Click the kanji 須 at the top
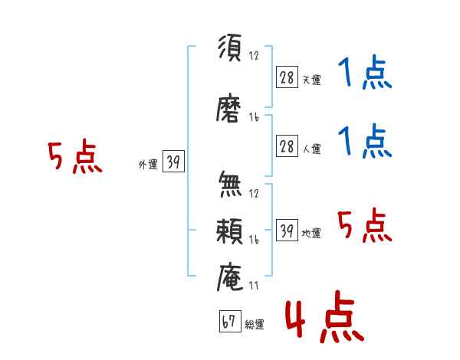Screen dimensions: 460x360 230,47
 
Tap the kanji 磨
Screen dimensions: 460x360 228,108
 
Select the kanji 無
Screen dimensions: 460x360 230,184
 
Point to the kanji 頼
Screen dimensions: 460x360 229,231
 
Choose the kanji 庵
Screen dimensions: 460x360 230,277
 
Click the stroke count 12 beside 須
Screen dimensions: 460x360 254,55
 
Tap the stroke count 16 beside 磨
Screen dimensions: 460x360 254,117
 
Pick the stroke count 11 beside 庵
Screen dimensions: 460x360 254,286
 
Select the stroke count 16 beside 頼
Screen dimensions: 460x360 254,240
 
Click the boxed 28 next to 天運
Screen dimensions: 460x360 287,77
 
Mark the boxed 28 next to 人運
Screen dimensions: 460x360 287,146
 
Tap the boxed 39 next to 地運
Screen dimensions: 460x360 287,230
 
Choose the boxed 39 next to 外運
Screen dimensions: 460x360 173,161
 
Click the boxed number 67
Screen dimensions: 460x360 230,321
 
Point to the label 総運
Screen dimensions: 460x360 255,324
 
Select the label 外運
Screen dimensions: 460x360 148,164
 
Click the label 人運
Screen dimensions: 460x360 312,149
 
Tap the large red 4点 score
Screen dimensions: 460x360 324,316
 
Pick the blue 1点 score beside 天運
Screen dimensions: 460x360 365,73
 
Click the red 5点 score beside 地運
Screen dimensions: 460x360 365,225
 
